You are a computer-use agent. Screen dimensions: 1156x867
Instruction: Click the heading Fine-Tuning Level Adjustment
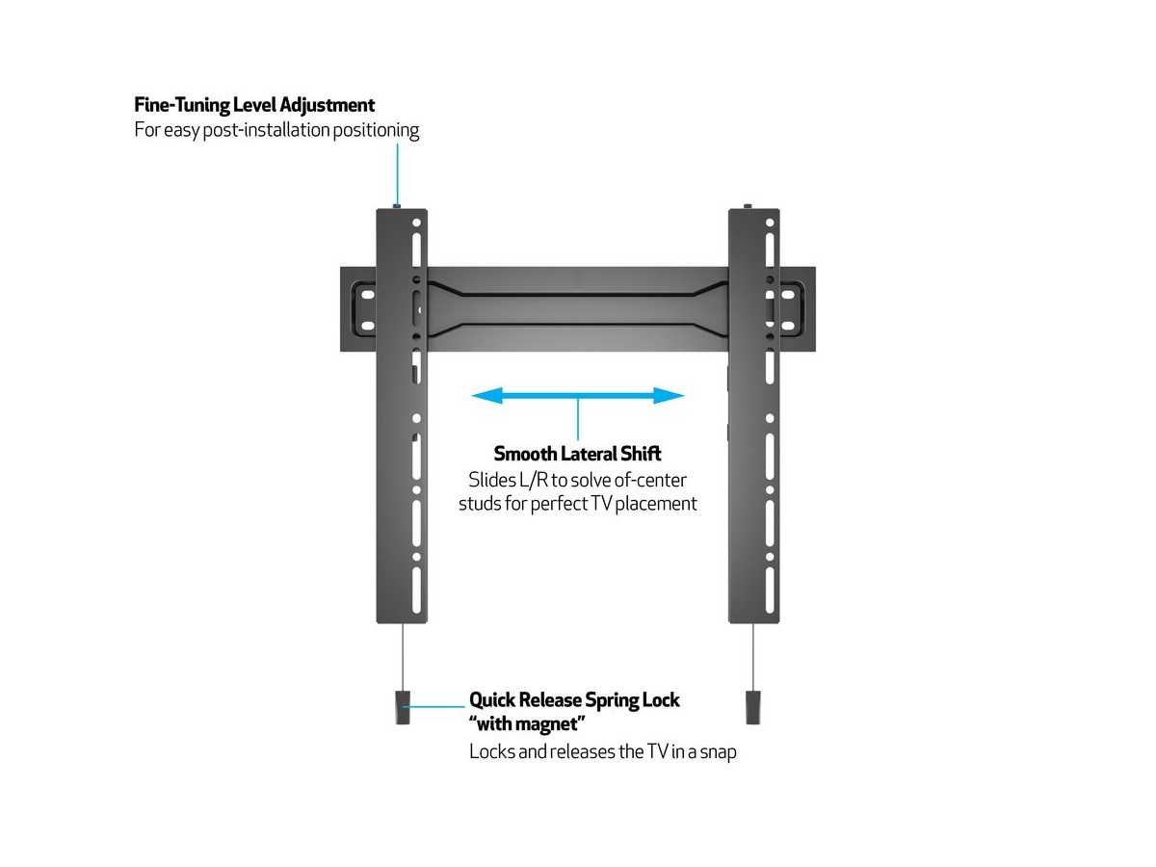click(254, 105)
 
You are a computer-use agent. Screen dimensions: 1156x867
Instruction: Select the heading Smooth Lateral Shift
click(577, 454)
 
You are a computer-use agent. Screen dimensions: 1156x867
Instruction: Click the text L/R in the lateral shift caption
click(534, 480)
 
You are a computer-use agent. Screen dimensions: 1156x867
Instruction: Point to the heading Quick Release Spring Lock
click(574, 700)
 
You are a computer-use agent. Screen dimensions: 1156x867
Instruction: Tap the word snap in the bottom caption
click(718, 752)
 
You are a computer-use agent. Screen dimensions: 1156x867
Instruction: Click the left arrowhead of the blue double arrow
click(486, 395)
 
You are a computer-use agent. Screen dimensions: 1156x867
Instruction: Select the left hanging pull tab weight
click(403, 708)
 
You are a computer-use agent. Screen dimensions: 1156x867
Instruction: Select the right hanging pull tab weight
click(753, 708)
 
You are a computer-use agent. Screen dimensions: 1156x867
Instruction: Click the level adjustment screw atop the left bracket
click(397, 206)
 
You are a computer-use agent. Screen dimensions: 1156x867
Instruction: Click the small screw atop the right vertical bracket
click(748, 206)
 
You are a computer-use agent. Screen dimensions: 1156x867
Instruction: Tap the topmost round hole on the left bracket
click(416, 223)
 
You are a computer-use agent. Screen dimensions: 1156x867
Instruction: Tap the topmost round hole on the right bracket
click(770, 223)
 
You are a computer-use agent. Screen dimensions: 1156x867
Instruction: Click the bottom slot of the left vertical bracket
click(416, 591)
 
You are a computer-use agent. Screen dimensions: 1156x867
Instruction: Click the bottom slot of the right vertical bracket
click(770, 591)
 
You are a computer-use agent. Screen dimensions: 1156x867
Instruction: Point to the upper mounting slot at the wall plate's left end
click(368, 295)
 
